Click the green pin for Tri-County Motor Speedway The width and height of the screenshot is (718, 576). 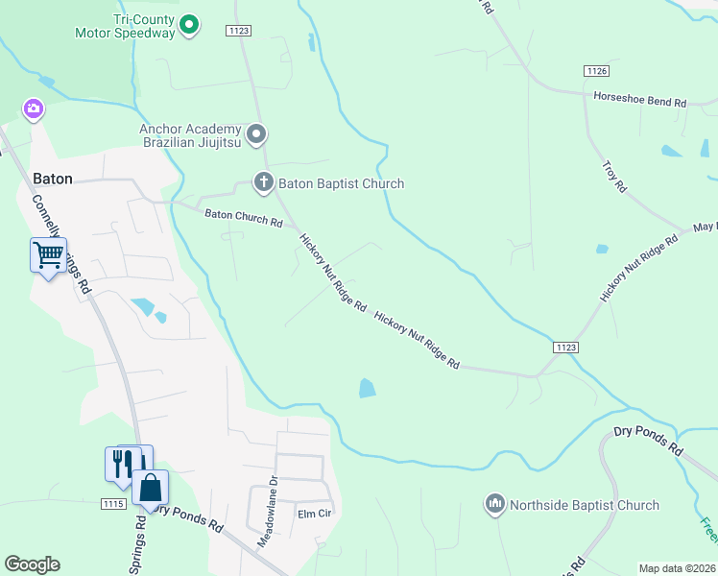pos(190,24)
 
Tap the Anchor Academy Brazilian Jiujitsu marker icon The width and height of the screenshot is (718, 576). pos(256,134)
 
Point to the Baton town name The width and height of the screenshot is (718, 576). pos(53,178)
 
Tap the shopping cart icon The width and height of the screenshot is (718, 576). pos(48,255)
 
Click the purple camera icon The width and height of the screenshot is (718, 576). pos(34,109)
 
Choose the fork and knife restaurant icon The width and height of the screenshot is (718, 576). pos(121,464)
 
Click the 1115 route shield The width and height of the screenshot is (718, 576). pos(112,503)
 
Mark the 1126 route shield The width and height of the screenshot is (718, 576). pos(596,71)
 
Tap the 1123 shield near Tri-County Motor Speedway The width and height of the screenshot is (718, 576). pos(239,31)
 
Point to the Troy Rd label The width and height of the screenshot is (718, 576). pos(613,176)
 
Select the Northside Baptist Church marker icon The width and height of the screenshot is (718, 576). pos(495,504)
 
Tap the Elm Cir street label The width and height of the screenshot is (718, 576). pos(313,514)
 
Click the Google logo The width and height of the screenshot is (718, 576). pos(33,564)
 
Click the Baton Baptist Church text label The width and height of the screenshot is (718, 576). pos(343,183)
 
